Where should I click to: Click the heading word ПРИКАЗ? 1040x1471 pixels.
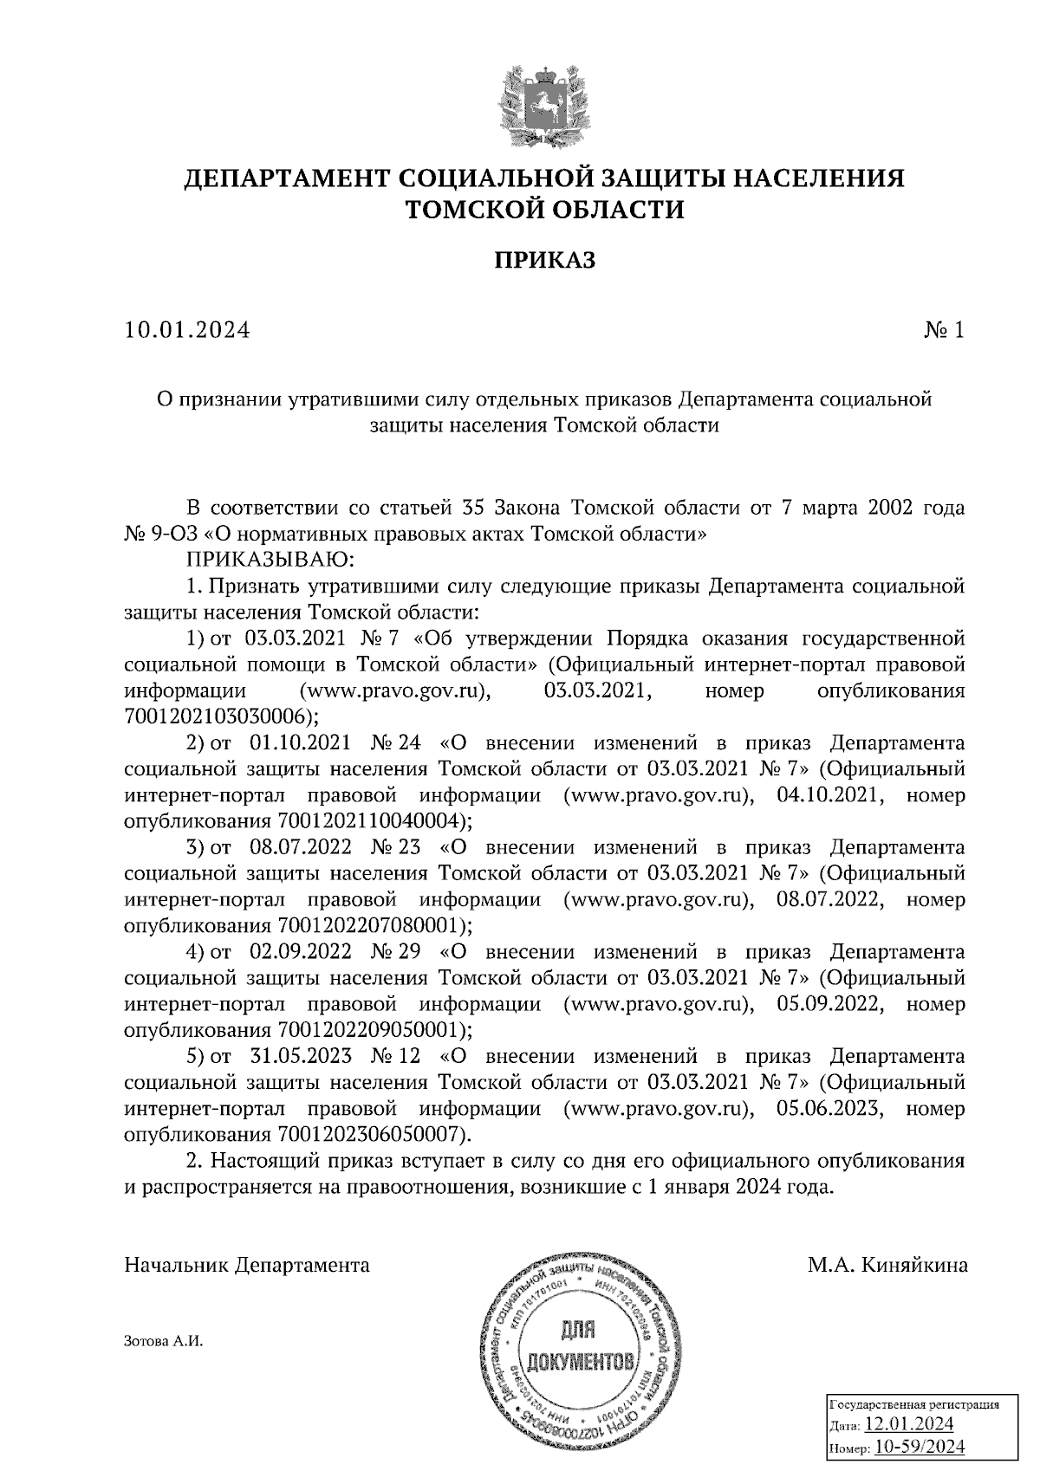(544, 260)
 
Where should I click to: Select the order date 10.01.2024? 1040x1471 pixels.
(186, 330)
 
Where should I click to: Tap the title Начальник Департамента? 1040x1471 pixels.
(248, 1265)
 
